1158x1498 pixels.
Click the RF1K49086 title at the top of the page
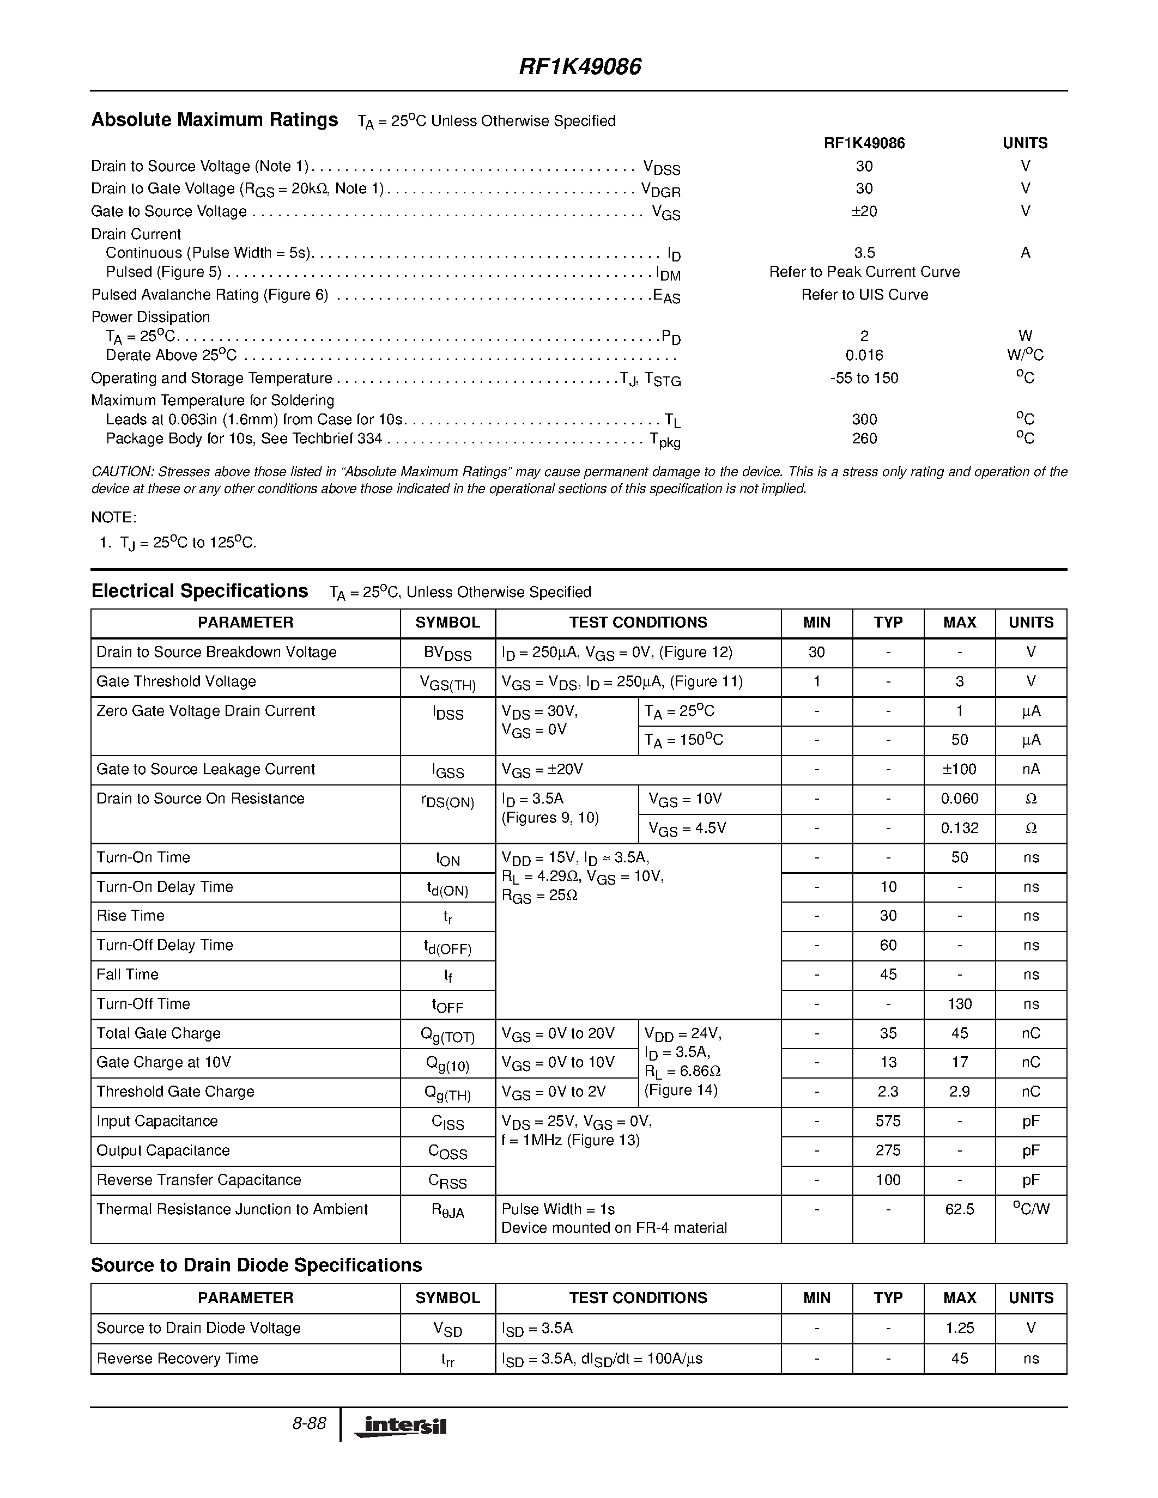580,66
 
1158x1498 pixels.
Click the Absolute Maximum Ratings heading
215,120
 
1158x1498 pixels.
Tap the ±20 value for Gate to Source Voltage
864,211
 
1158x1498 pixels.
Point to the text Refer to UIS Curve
864,294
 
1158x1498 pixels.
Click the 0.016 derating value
864,355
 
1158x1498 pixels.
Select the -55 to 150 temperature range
864,378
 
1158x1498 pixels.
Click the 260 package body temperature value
864,439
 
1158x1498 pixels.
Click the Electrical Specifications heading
199,591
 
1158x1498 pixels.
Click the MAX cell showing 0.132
959,828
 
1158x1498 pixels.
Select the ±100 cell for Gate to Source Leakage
959,769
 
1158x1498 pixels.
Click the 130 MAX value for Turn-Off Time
959,1004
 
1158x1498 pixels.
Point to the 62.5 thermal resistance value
959,1209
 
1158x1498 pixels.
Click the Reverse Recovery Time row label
178,1358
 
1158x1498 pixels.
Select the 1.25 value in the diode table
959,1328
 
